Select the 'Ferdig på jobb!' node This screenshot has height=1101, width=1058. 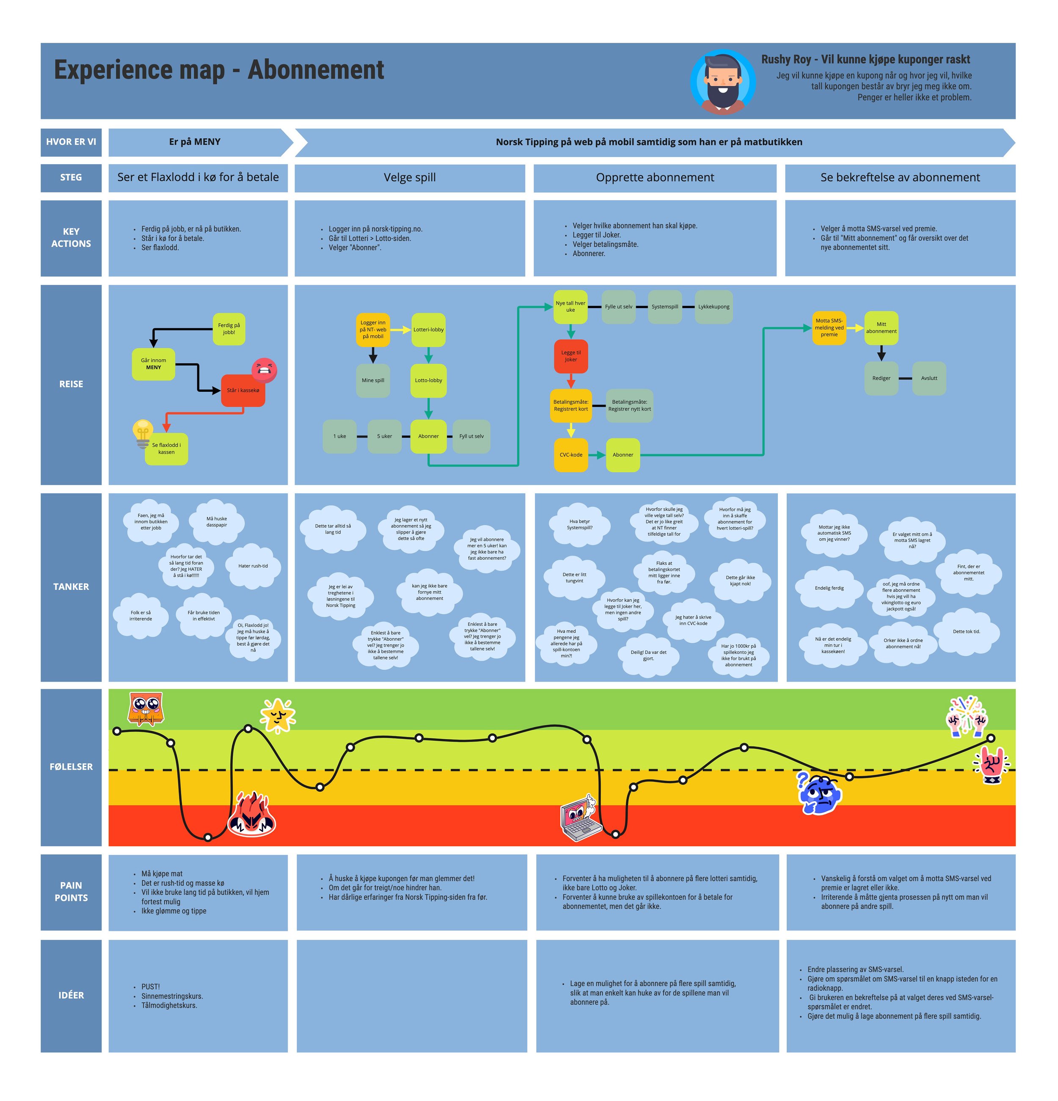click(x=229, y=329)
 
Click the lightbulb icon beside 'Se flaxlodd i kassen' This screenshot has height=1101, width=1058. click(x=143, y=434)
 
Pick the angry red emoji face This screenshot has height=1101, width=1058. click(x=264, y=370)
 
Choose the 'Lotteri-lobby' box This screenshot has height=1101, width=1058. click(x=428, y=330)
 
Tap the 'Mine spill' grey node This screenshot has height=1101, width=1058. click(x=372, y=380)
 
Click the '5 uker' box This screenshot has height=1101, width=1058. click(x=384, y=436)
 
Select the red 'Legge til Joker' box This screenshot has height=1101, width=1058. click(x=571, y=356)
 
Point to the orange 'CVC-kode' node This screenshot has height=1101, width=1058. click(x=571, y=454)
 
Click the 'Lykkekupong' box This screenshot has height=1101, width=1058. click(x=714, y=307)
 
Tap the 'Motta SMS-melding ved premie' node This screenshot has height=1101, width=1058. click(x=829, y=328)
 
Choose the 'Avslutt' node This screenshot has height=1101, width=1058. click(x=929, y=378)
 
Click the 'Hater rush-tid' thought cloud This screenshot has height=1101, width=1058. click(x=253, y=566)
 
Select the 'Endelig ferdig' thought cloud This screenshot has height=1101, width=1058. click(x=829, y=588)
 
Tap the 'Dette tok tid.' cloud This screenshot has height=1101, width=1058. click(x=967, y=631)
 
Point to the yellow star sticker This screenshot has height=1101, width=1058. click(x=278, y=715)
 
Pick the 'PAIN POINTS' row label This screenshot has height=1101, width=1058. click(x=71, y=892)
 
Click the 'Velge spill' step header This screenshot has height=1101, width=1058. click(x=410, y=178)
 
